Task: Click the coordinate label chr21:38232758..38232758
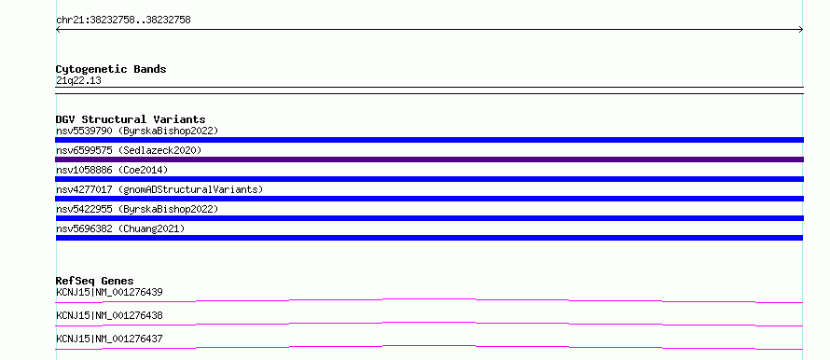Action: pyautogui.click(x=123, y=21)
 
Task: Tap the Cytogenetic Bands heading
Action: pyautogui.click(x=111, y=69)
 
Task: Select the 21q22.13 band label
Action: pyautogui.click(x=78, y=81)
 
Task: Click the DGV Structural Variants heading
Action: pyautogui.click(x=131, y=119)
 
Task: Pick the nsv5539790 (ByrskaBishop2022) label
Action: pyautogui.click(x=137, y=131)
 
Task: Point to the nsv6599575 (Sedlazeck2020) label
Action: pyautogui.click(x=129, y=150)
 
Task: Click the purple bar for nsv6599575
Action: pyautogui.click(x=429, y=159)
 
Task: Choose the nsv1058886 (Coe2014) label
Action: pyautogui.click(x=112, y=170)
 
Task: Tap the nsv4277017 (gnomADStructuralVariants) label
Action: pyautogui.click(x=159, y=189)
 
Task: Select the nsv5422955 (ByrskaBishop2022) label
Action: pyautogui.click(x=137, y=209)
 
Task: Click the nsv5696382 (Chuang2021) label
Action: pyautogui.click(x=120, y=228)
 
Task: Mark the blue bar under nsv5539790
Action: pyautogui.click(x=429, y=140)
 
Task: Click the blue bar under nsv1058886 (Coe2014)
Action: pyautogui.click(x=429, y=179)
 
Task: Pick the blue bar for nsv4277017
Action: pyautogui.click(x=429, y=199)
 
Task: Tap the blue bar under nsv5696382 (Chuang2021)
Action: pyautogui.click(x=429, y=238)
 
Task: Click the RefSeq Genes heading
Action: pyautogui.click(x=95, y=281)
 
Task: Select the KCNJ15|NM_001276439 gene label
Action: pyautogui.click(x=109, y=292)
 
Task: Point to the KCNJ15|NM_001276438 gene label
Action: pyautogui.click(x=109, y=315)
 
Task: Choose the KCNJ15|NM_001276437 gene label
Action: pyautogui.click(x=109, y=339)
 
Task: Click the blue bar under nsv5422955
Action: pyautogui.click(x=429, y=218)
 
